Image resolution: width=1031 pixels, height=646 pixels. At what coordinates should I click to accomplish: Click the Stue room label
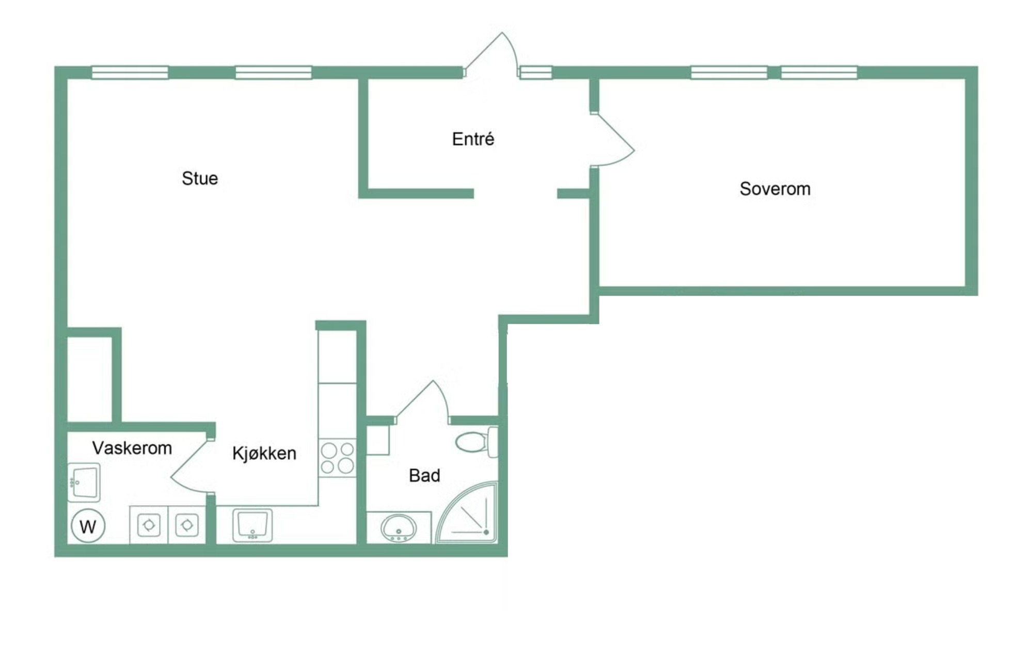[200, 179]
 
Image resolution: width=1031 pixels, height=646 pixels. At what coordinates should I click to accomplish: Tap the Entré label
[473, 139]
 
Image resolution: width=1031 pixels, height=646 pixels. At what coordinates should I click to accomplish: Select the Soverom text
[775, 189]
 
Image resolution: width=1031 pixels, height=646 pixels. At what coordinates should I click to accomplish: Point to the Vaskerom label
[132, 448]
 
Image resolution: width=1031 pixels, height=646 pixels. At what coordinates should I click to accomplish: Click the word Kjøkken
[264, 453]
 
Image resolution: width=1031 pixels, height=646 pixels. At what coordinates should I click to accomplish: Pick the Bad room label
[424, 475]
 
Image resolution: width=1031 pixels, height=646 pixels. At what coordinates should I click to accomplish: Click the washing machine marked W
[88, 526]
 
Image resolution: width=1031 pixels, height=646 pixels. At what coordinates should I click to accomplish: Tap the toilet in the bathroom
[477, 442]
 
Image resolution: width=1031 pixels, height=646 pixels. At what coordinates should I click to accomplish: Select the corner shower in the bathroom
[467, 512]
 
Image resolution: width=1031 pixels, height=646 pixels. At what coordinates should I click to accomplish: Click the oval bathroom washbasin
[398, 528]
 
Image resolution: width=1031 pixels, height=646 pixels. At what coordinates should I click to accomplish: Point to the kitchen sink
[252, 525]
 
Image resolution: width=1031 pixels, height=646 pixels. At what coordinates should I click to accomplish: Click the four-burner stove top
[338, 458]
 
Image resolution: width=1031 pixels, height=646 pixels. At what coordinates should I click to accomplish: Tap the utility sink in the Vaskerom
[84, 482]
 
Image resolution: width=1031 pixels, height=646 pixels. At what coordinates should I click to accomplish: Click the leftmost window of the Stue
[130, 73]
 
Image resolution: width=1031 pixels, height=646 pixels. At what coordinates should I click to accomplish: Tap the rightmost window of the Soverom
[819, 73]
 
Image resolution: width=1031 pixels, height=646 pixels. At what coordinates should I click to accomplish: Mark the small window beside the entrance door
[536, 73]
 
